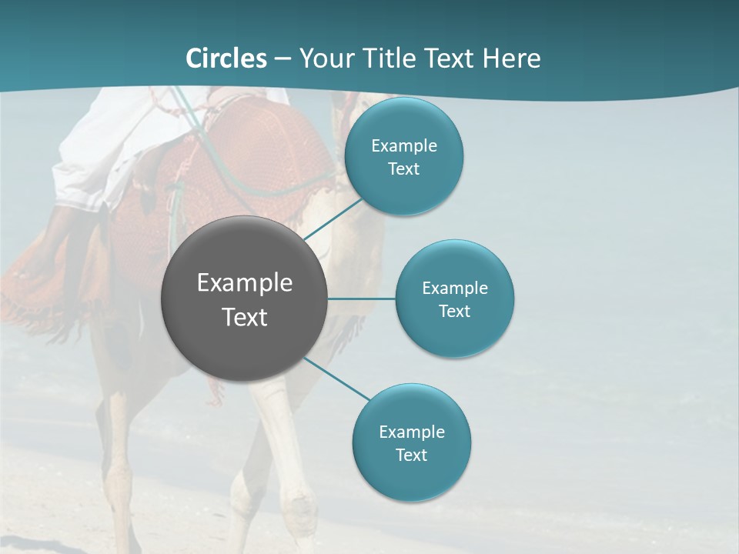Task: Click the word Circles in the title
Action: click(226, 58)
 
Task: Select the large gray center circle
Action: click(244, 339)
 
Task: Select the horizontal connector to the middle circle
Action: click(361, 299)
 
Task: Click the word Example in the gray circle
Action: click(244, 283)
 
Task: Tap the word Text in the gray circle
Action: click(244, 317)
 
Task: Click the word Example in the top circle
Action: click(403, 146)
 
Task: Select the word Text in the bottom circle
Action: click(411, 456)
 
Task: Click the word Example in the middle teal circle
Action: click(454, 289)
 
